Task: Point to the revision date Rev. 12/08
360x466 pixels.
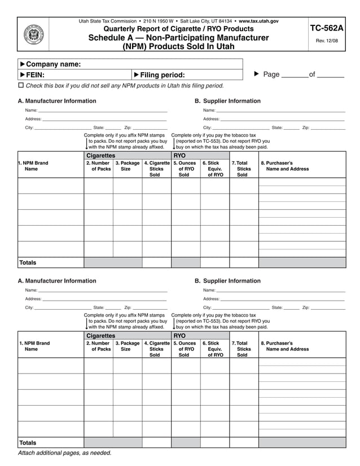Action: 327,41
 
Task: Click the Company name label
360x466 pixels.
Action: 54,64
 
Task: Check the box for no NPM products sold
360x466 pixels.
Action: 21,85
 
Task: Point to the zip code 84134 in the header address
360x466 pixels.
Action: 225,21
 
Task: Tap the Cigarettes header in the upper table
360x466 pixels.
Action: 101,155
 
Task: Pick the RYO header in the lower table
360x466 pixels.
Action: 179,335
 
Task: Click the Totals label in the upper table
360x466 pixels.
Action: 28,263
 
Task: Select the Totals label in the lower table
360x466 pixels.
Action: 28,443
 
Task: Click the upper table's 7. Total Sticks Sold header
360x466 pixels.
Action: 243,169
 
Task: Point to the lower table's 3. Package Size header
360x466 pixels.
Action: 127,346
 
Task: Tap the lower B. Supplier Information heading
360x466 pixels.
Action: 227,281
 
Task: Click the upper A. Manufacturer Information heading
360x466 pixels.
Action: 57,101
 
